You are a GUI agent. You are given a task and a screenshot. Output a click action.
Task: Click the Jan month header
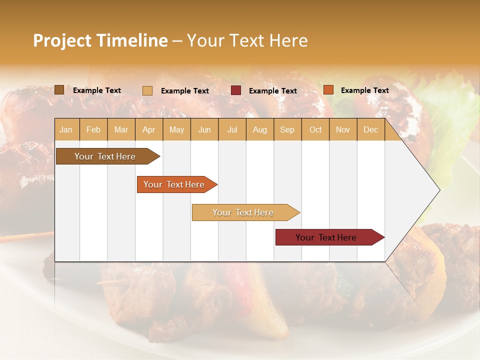(x=66, y=130)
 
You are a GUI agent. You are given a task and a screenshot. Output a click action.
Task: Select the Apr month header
(x=149, y=130)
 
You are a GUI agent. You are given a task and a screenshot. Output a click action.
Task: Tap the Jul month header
(x=232, y=130)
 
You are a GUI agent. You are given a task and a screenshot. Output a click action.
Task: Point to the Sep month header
(x=287, y=130)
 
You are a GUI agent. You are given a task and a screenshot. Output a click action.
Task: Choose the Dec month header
(x=370, y=130)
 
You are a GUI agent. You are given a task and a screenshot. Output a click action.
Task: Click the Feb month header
(x=93, y=130)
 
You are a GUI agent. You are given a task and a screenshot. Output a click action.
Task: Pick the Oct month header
(x=315, y=130)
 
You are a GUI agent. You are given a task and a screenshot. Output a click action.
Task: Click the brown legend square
(x=59, y=90)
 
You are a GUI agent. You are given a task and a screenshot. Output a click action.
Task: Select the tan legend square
(x=147, y=90)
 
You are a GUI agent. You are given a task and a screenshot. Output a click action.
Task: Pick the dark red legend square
(x=236, y=90)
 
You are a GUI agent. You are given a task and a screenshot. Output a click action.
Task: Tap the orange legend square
(x=328, y=90)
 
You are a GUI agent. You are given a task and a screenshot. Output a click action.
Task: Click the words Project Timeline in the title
(x=100, y=40)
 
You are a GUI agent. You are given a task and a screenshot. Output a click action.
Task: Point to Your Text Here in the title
(x=247, y=40)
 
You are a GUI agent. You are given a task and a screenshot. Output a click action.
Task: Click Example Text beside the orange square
(x=364, y=90)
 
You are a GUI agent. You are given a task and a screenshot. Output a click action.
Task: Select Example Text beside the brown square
(x=96, y=90)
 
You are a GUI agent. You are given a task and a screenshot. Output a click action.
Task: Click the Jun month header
(x=204, y=130)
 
